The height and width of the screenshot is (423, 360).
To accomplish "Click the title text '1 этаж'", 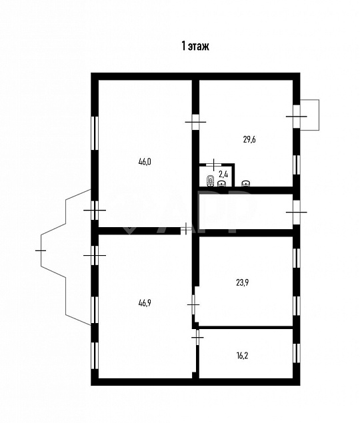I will click(x=195, y=46).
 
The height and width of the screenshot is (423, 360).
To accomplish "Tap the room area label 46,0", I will click(x=144, y=161).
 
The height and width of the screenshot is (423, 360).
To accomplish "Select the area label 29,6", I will click(x=249, y=139).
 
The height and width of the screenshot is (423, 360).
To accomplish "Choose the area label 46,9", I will click(x=144, y=302).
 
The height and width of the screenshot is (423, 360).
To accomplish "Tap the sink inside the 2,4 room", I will click(x=223, y=182).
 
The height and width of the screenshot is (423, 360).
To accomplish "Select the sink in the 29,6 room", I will click(x=245, y=182).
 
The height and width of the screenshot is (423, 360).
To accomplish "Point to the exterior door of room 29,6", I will click(x=295, y=116).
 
